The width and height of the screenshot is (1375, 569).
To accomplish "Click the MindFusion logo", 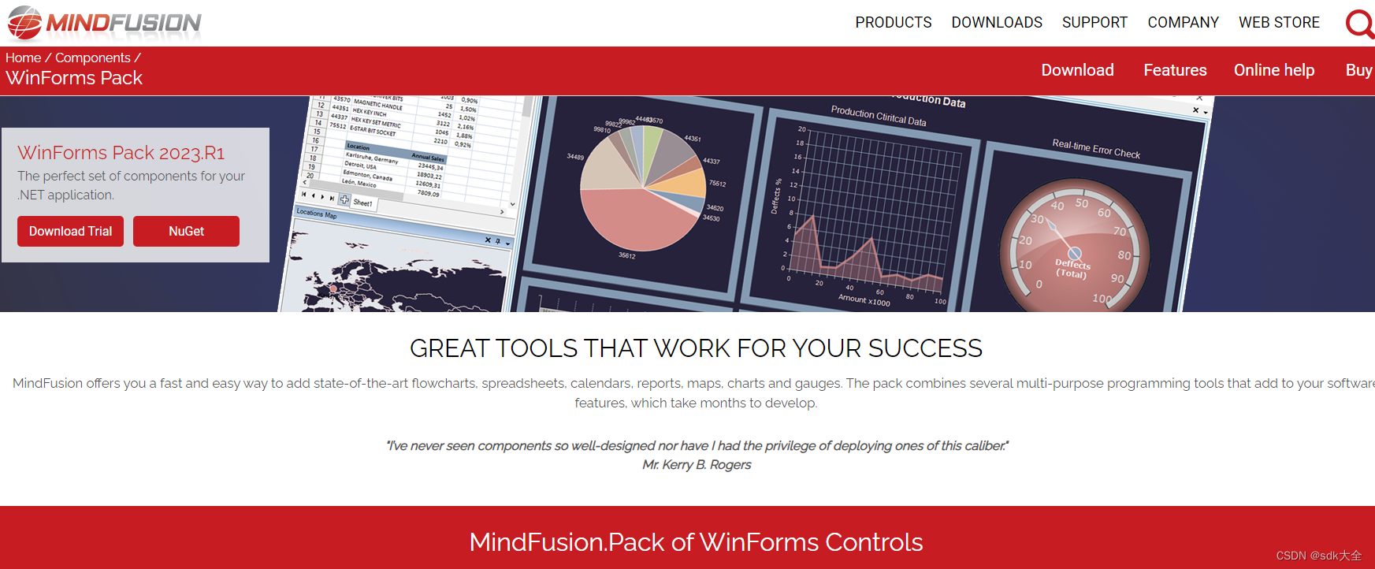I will pos(104,23).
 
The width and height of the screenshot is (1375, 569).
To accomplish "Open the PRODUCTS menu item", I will pos(894,23).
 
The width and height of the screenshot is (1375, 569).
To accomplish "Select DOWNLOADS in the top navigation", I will pos(997,23).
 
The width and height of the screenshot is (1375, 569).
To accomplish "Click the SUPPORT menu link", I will pos(1094,23).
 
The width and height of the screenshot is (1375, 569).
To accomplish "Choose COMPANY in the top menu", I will pos(1183,23).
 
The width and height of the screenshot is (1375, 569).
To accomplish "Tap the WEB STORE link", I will pos(1279,23).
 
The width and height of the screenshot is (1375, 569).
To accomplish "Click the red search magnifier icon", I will pos(1359,24).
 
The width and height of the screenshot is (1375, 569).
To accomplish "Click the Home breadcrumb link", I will pos(23,58).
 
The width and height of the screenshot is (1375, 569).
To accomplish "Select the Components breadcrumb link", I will pos(93,58).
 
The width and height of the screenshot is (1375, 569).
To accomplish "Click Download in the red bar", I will pos(1077,70).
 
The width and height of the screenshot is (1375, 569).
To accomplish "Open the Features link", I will pos(1175,70).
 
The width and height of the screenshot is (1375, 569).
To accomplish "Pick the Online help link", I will pos(1274,70).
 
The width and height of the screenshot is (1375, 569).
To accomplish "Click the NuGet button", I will pos(186,231).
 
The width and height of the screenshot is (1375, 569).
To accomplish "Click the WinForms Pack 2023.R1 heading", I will pos(121,152).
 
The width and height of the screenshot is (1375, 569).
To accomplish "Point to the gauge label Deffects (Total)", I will pos(1072,269).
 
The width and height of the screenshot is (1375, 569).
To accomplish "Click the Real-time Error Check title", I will pos(1096,148).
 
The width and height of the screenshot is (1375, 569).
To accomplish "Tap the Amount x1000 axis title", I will pos(864,300).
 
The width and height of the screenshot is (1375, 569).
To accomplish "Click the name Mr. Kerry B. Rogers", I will pos(697,465).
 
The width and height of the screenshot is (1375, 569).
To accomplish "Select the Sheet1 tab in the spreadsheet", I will pos(362,203).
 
